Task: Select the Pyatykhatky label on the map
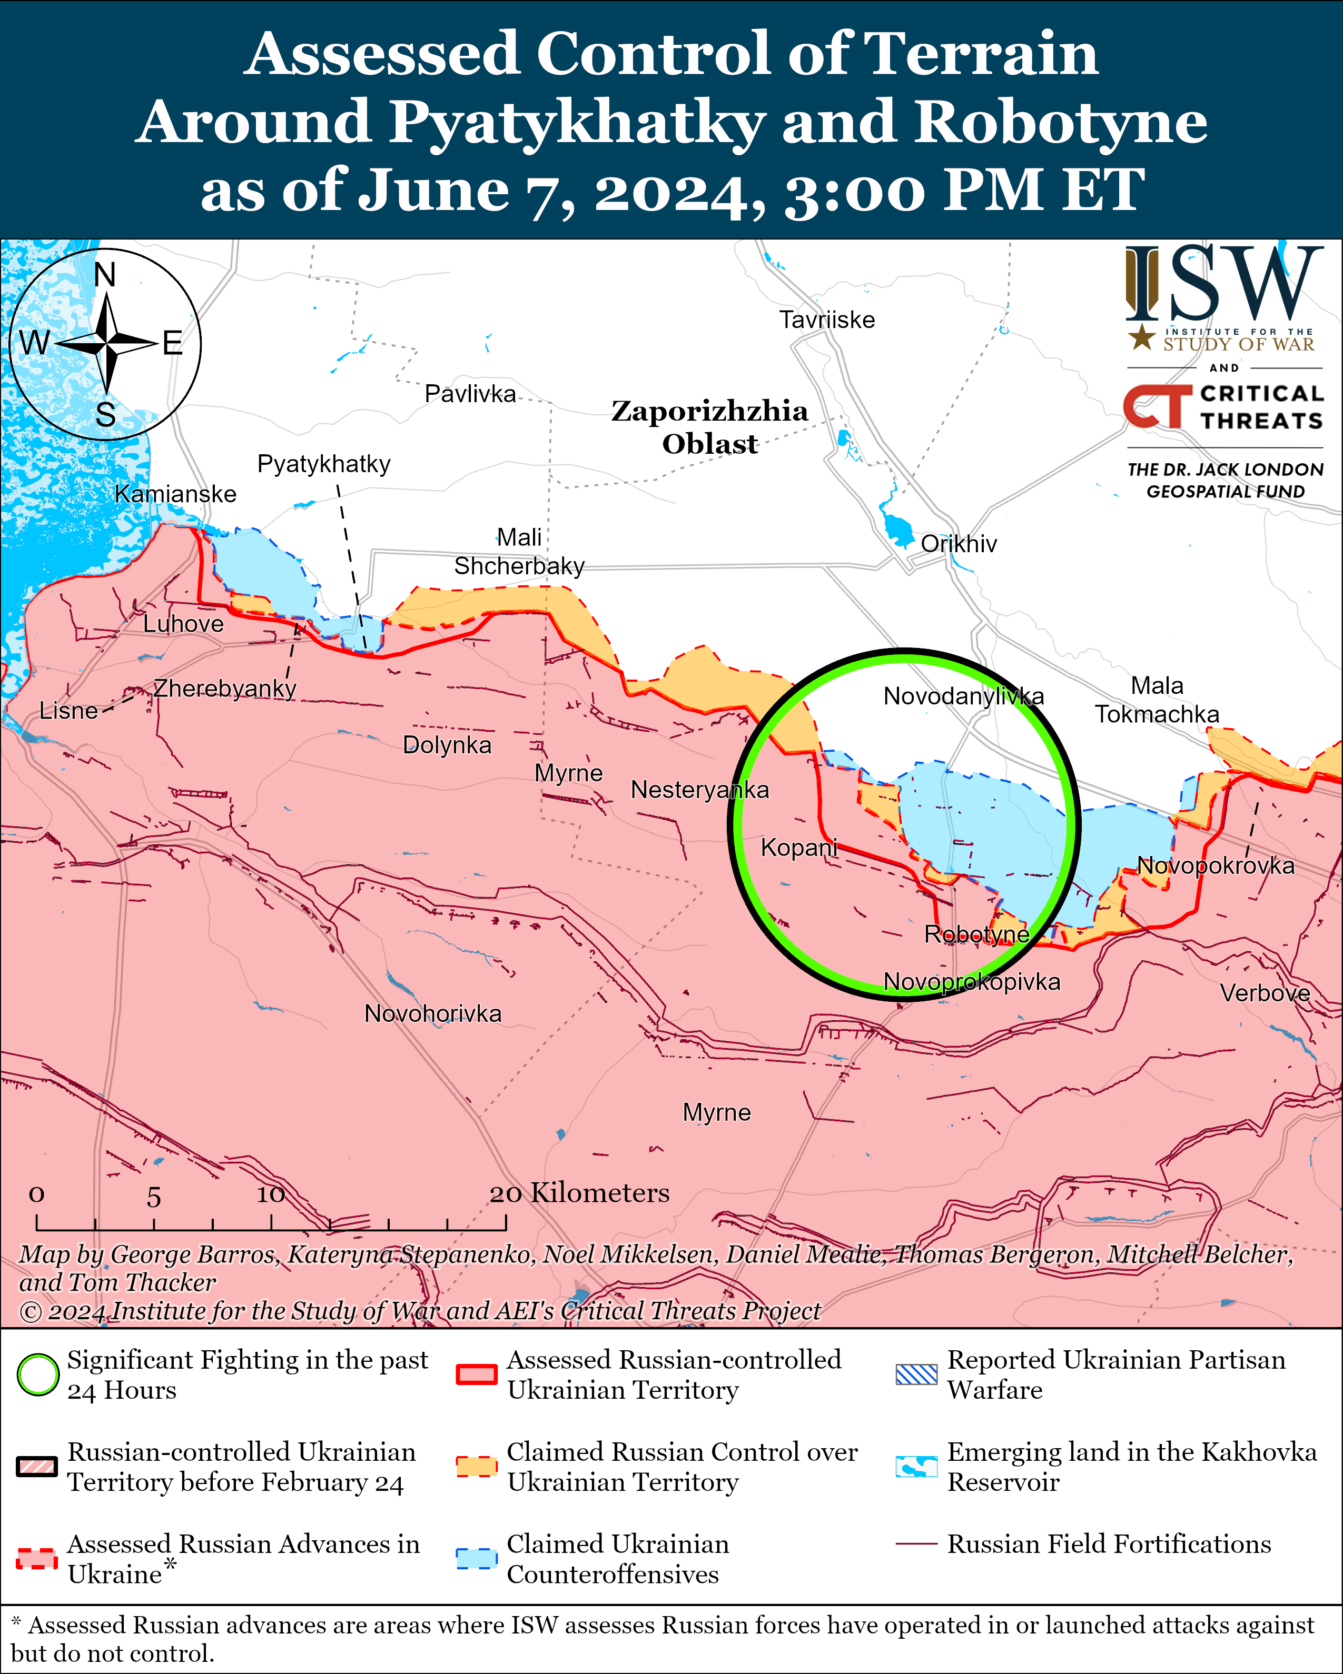(x=323, y=464)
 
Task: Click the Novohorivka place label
(x=432, y=1014)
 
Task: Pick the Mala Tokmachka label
(x=1157, y=700)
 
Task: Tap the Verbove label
(x=1265, y=993)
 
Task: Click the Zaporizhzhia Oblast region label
(x=709, y=427)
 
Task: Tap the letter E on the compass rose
(x=172, y=343)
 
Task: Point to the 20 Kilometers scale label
(x=579, y=1193)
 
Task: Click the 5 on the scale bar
(x=154, y=1197)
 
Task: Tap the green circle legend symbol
(x=38, y=1374)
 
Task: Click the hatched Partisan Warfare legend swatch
(x=916, y=1374)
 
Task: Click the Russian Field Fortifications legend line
(x=916, y=1545)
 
